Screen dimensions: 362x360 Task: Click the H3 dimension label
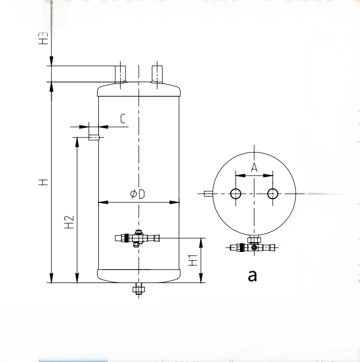click(x=45, y=38)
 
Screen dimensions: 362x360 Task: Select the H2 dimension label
click(x=69, y=222)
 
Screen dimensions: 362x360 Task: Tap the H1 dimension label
click(x=193, y=260)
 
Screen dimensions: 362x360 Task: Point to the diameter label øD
click(x=138, y=194)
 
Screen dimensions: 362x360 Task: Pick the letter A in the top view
click(x=254, y=167)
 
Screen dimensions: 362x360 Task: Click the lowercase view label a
click(x=252, y=275)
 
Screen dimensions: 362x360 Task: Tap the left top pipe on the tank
click(x=121, y=74)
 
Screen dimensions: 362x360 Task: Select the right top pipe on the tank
click(x=157, y=74)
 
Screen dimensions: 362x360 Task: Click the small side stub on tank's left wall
click(x=93, y=137)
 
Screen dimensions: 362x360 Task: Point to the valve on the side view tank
click(x=138, y=237)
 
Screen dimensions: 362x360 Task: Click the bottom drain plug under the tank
click(x=138, y=289)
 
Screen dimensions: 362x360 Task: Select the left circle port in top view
click(x=236, y=194)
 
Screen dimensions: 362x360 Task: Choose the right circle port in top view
click(x=273, y=194)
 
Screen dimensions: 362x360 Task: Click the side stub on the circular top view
click(x=208, y=194)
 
